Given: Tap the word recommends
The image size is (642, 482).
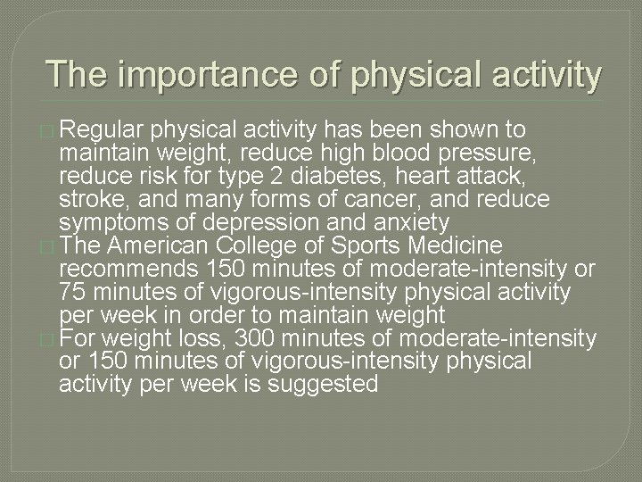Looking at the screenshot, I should point(129,269).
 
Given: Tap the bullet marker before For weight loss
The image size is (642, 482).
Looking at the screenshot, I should point(48,339).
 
